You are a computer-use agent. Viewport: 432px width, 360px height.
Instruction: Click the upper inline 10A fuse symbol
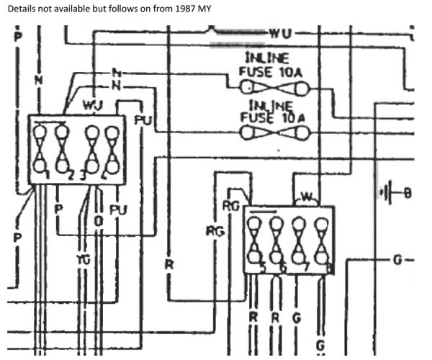point(275,89)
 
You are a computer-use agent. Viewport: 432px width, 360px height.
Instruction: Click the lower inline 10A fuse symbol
point(275,133)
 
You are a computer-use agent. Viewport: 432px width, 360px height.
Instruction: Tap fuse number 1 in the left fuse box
point(40,149)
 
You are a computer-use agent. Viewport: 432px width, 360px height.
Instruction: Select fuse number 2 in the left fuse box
point(63,149)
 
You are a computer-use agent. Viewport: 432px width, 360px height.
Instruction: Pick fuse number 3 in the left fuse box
point(91,149)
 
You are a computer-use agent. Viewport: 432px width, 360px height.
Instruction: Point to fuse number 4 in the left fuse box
point(112,149)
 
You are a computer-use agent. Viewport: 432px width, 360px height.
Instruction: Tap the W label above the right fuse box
point(307,196)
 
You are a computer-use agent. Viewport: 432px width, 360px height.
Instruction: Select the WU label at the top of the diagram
point(280,33)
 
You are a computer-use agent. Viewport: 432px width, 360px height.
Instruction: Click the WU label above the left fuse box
point(92,105)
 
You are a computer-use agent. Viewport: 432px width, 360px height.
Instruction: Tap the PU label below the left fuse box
point(118,210)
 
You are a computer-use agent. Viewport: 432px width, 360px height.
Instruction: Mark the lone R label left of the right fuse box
point(168,264)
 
